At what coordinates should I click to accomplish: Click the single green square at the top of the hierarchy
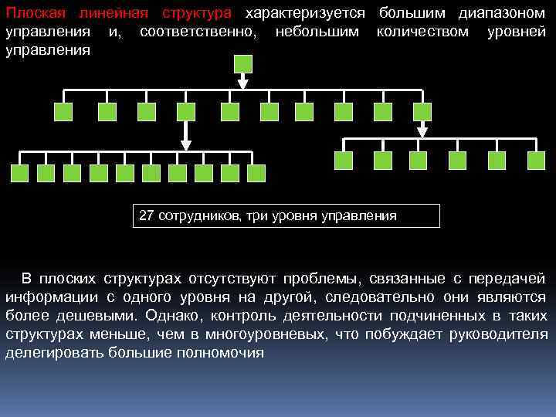[242, 64]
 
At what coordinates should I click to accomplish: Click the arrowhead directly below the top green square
[242, 84]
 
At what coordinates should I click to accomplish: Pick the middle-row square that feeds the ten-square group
[186, 112]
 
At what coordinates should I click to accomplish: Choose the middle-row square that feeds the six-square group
[422, 112]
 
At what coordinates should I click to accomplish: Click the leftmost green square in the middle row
[63, 112]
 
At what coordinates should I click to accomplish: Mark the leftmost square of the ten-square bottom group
[20, 173]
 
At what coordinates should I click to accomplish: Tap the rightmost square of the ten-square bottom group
[256, 173]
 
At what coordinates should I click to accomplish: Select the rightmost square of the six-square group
[536, 160]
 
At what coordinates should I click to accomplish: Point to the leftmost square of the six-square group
[344, 160]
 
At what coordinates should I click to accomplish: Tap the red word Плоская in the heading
[32, 15]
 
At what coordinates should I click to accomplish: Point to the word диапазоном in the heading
[501, 15]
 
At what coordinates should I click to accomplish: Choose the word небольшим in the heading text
[318, 32]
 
